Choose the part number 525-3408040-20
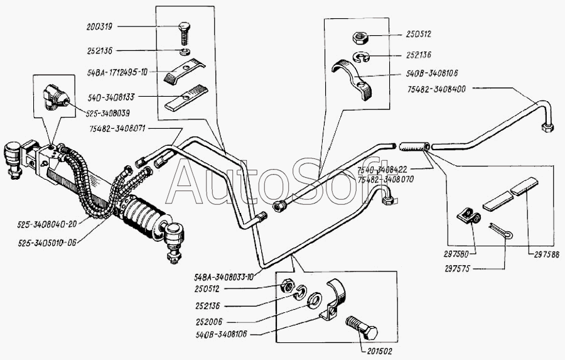(x=46, y=223)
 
